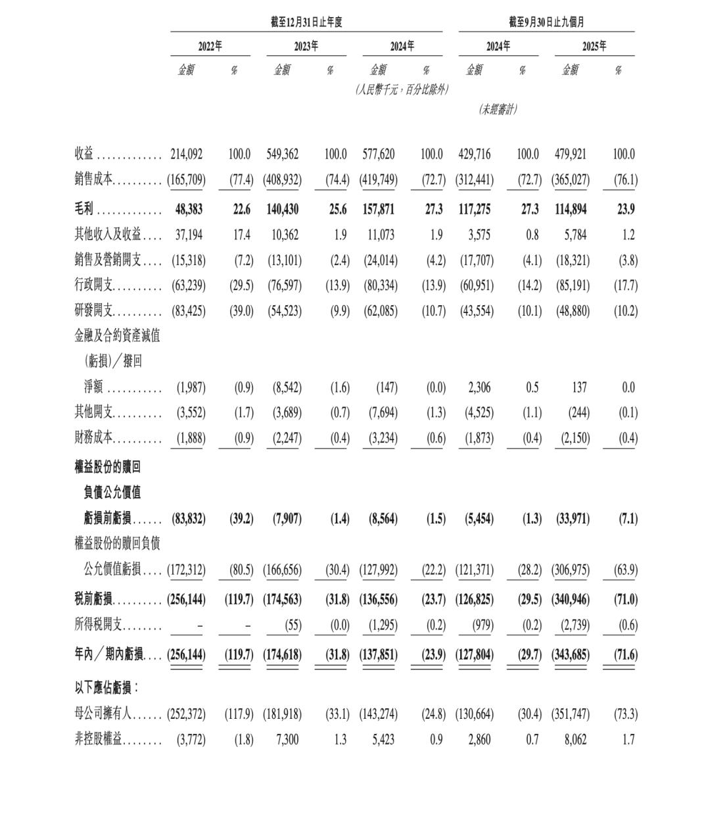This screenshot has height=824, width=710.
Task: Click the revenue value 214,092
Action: point(187,154)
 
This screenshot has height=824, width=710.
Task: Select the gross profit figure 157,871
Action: point(379,209)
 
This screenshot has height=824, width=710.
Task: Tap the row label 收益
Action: point(83,154)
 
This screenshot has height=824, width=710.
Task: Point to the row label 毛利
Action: point(83,209)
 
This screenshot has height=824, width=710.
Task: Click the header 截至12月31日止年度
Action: point(306,22)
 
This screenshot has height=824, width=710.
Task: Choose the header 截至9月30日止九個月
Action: point(546,22)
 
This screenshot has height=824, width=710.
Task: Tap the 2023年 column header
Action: point(306,46)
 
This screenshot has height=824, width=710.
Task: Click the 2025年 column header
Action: point(594,46)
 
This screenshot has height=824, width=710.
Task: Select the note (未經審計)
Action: point(498,109)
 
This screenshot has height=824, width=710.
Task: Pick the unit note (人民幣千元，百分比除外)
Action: point(402,89)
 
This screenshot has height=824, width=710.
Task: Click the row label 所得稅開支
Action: point(99,625)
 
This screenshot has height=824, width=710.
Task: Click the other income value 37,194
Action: point(188,235)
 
